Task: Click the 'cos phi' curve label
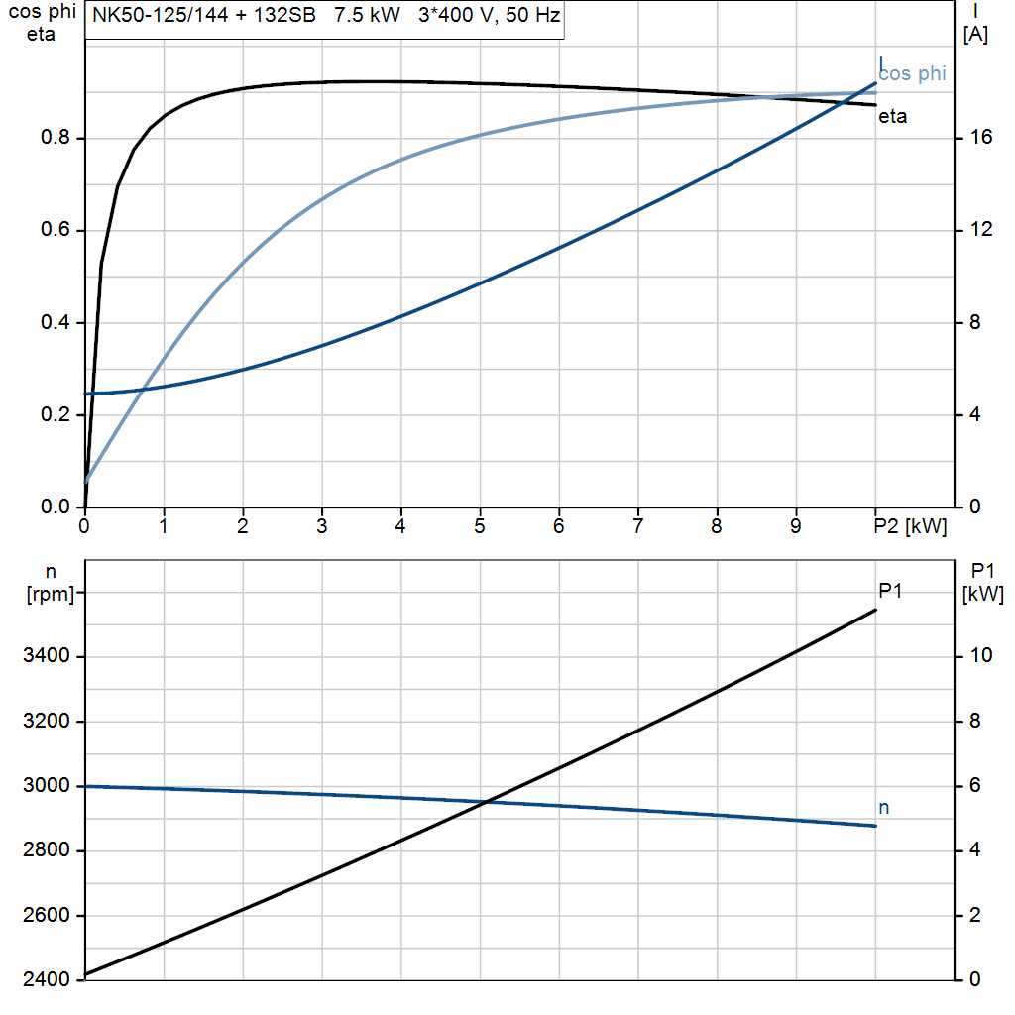click(912, 73)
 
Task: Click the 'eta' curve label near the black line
click(892, 117)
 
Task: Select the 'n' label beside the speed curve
click(884, 808)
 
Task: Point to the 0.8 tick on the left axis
click(55, 138)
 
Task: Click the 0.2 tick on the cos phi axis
click(55, 415)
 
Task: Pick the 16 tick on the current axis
click(981, 138)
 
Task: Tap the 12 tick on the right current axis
click(981, 230)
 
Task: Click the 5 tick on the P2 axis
click(480, 527)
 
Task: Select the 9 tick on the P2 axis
click(796, 527)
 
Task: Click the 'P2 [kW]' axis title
click(911, 527)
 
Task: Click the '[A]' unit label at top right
click(975, 35)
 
